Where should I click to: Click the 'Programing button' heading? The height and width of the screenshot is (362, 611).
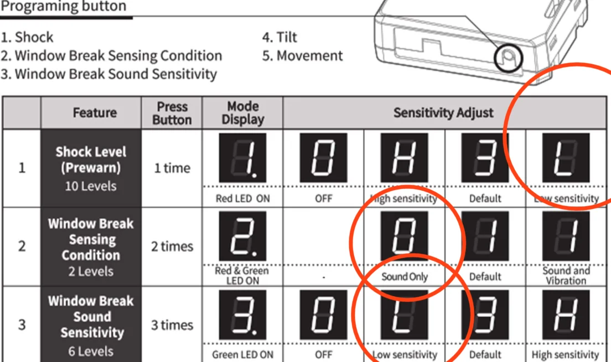[64, 6]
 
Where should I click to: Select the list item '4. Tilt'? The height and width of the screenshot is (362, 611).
[279, 38]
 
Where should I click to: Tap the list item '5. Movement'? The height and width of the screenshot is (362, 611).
[302, 56]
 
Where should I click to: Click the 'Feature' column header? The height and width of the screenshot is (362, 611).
[95, 113]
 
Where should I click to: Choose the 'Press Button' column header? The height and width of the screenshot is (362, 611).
[172, 113]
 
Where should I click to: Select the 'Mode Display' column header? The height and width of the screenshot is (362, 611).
[243, 113]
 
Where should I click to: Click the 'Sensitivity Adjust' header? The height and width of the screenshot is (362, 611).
[443, 113]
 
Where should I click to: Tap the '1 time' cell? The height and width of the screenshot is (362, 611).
[172, 168]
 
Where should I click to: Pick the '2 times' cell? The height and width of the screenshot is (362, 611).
[172, 246]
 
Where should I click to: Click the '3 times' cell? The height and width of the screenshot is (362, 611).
[172, 325]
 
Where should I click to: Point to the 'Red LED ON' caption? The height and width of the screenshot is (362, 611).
[243, 198]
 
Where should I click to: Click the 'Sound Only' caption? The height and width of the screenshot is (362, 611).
[405, 277]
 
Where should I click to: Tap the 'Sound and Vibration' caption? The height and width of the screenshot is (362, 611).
[566, 276]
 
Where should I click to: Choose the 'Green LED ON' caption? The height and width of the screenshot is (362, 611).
[243, 355]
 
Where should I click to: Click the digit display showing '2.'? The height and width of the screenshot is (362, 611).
[243, 237]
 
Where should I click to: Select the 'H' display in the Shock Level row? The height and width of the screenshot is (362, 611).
[404, 158]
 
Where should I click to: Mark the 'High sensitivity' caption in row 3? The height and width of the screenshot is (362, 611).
[566, 355]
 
